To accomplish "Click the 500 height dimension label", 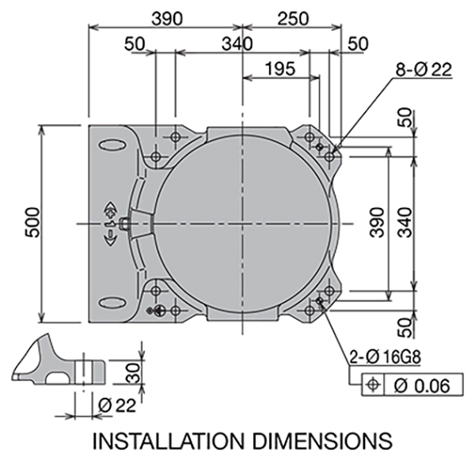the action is [32, 222].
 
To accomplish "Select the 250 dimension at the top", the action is [293, 18].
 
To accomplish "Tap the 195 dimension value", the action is [280, 68].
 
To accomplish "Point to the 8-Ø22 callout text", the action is [424, 70].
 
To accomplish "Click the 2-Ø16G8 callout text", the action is [386, 357].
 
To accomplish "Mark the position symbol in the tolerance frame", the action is [373, 385].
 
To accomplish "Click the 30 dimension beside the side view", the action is [133, 372].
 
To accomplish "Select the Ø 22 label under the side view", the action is [117, 406].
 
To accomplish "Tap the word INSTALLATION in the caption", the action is [168, 441].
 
